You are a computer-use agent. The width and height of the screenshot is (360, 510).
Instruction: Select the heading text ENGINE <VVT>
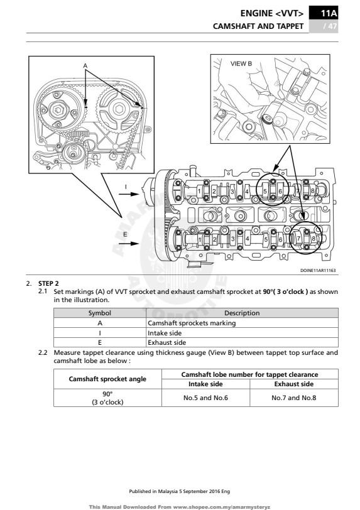(272, 13)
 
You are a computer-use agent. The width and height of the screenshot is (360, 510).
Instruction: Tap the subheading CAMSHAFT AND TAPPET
(258, 26)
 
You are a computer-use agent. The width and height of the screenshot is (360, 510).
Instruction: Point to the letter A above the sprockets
(85, 65)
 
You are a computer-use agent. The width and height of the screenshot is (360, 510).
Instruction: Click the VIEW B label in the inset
(241, 63)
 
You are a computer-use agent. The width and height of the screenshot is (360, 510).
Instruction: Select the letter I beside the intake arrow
(126, 187)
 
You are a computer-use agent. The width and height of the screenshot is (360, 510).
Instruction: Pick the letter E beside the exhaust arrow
(125, 234)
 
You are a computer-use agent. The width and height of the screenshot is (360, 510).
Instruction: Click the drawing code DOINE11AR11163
(318, 271)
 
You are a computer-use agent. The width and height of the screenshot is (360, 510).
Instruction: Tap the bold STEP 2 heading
(48, 284)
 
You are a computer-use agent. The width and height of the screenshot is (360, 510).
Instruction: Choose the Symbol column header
(99, 313)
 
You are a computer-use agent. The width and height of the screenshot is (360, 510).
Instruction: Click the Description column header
(241, 313)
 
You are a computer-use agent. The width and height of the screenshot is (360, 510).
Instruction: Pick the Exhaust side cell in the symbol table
(166, 343)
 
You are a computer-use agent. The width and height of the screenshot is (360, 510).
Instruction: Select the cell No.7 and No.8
(293, 398)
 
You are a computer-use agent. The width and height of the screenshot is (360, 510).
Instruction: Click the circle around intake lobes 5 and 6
(273, 188)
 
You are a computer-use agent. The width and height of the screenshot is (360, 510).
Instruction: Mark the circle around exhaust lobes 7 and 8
(306, 239)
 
